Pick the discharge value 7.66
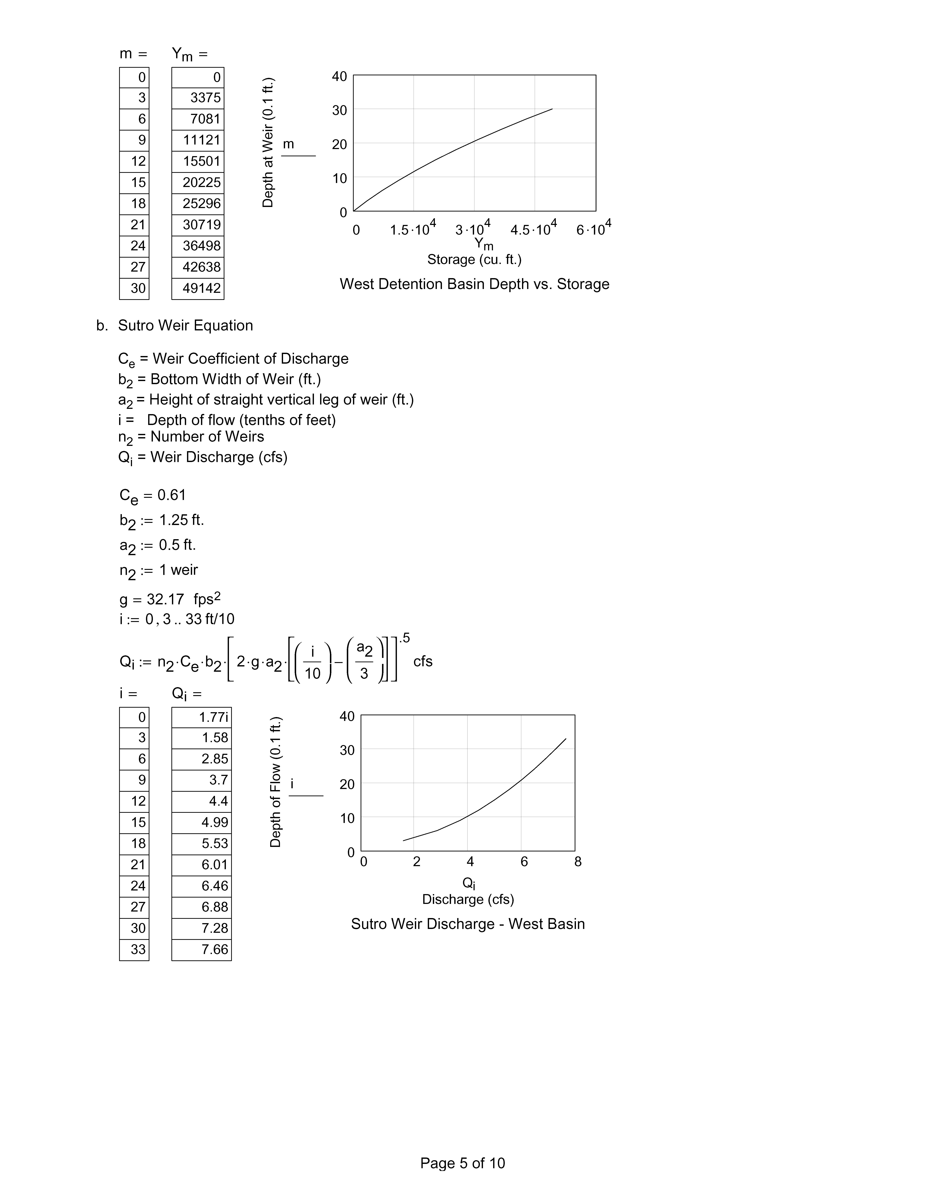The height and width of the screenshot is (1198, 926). [x=214, y=949]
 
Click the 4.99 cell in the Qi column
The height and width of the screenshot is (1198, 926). [x=214, y=822]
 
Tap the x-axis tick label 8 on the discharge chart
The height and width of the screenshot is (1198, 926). [x=578, y=862]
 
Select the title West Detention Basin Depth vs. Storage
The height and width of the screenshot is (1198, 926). [x=474, y=284]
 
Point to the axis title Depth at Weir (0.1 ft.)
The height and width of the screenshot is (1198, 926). [x=268, y=143]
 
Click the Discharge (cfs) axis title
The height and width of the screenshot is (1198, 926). [x=468, y=900]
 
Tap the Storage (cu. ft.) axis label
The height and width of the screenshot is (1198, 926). [x=474, y=259]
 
